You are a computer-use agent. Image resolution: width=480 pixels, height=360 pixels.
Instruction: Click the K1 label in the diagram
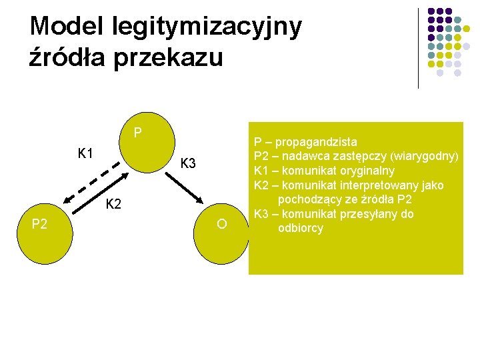pyautogui.click(x=85, y=154)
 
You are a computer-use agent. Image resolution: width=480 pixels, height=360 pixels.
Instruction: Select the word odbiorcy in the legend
pyautogui.click(x=301, y=228)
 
